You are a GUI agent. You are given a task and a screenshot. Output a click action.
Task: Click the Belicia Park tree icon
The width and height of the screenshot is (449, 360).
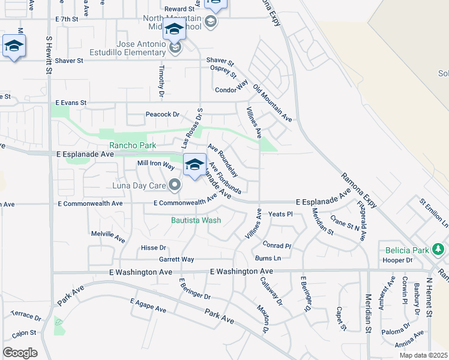[439, 248]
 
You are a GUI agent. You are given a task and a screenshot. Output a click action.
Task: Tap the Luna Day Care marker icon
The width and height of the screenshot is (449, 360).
[175, 184]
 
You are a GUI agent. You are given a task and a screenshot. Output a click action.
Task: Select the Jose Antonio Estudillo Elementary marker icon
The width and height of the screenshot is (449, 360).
[175, 48]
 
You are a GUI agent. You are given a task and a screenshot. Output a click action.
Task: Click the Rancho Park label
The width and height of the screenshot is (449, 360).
[132, 145]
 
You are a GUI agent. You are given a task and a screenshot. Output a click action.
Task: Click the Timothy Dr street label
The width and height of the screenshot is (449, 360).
[161, 82]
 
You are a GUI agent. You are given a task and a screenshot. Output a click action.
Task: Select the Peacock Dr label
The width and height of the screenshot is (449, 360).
[162, 114]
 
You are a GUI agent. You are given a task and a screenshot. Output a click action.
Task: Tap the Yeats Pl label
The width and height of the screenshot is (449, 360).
[280, 214]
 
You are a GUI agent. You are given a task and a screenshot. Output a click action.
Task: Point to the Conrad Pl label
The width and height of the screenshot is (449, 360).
[277, 245]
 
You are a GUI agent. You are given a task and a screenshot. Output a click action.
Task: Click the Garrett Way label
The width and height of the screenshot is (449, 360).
[176, 259]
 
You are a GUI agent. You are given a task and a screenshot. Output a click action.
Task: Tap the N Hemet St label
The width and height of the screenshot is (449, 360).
[429, 297]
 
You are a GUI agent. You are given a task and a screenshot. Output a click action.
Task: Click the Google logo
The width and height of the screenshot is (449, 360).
[20, 353]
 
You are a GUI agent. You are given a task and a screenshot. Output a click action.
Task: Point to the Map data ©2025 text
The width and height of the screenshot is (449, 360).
[423, 355]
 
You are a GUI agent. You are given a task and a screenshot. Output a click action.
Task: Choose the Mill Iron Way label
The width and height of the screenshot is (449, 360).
[155, 163]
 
